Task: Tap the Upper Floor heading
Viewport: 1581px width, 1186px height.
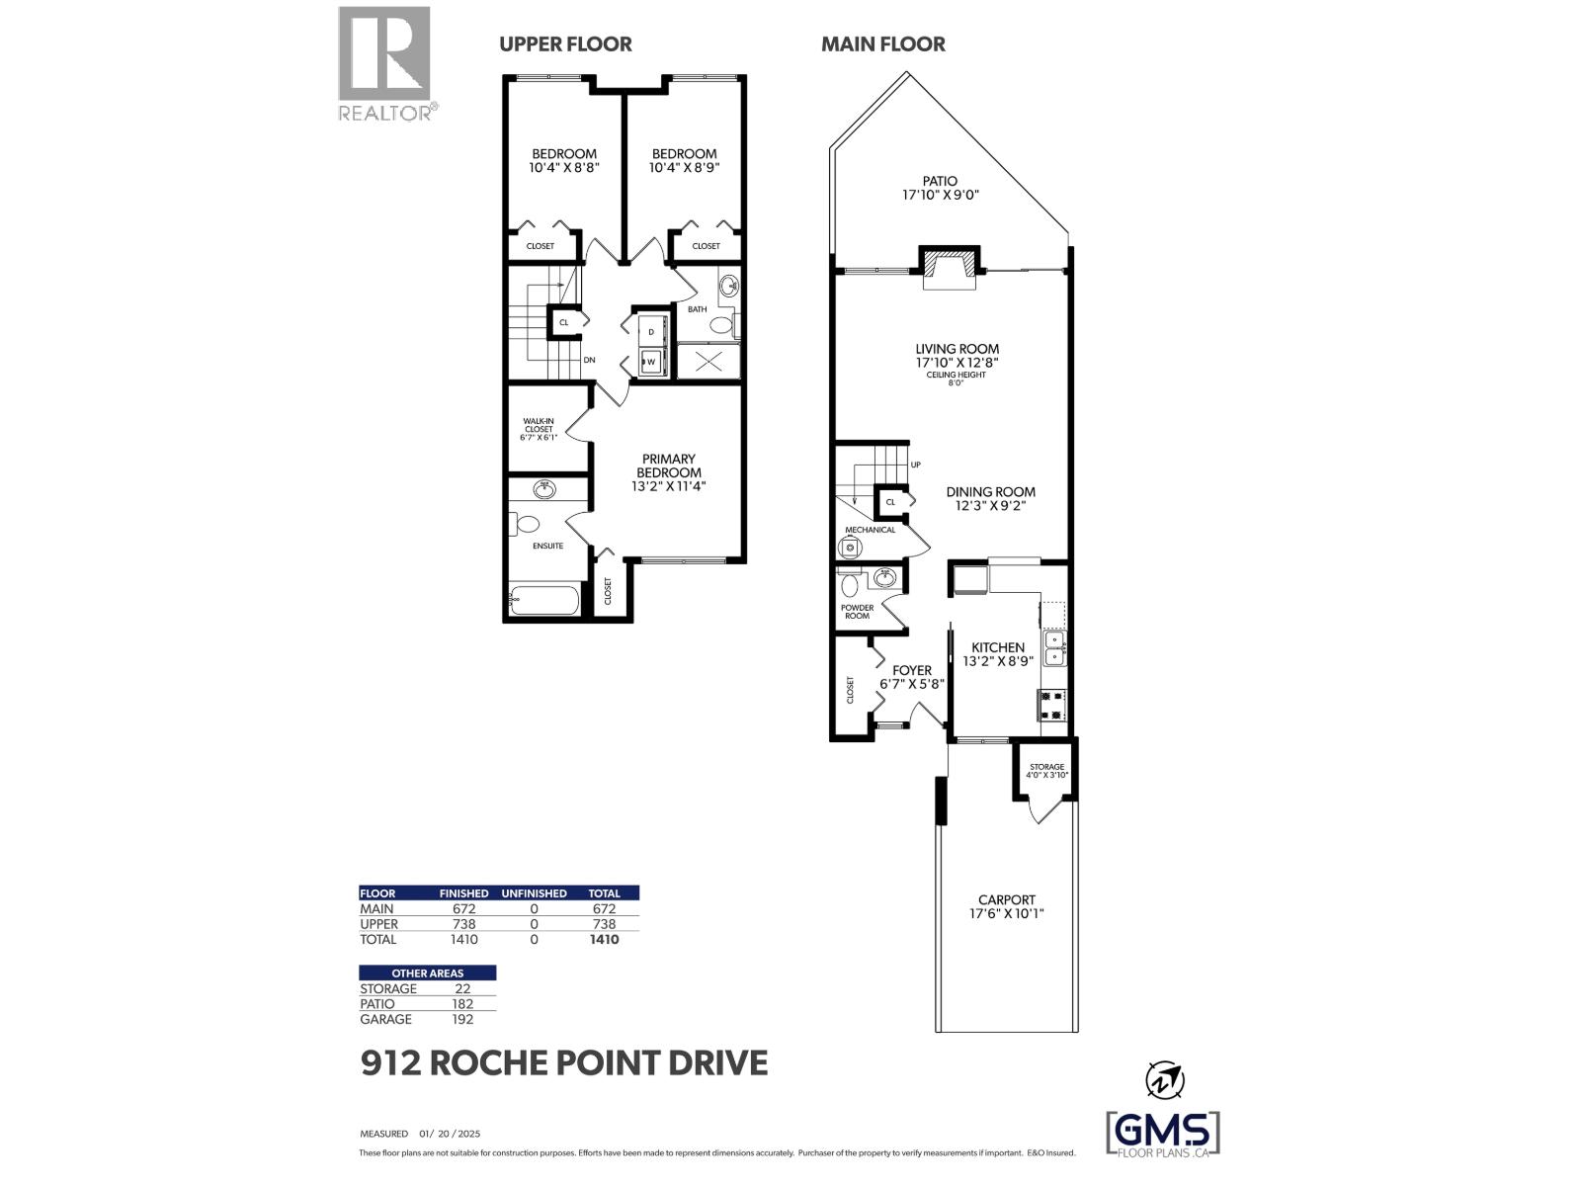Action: (565, 44)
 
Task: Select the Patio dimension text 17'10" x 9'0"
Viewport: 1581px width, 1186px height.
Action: (940, 196)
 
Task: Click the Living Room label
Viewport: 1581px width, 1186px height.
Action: (957, 349)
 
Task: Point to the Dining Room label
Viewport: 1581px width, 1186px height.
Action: (990, 491)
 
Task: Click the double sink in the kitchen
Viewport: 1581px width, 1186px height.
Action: (1054, 647)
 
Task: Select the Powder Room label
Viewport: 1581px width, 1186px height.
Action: (857, 612)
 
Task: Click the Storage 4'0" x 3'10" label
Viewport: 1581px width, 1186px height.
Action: (1046, 771)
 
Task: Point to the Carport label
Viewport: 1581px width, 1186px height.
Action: (1006, 899)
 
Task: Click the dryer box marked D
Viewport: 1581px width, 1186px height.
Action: (651, 331)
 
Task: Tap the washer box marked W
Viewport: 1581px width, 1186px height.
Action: (651, 362)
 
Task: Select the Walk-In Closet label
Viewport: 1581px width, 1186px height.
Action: (539, 429)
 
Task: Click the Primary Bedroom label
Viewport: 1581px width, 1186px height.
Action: (669, 466)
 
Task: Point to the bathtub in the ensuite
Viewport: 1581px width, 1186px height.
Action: (543, 600)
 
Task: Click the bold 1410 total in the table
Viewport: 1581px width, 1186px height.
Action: (604, 940)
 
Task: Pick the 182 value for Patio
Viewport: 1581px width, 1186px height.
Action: (462, 1004)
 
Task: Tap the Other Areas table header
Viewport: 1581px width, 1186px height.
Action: (427, 974)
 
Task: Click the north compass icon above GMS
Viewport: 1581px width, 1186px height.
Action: (1163, 1079)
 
